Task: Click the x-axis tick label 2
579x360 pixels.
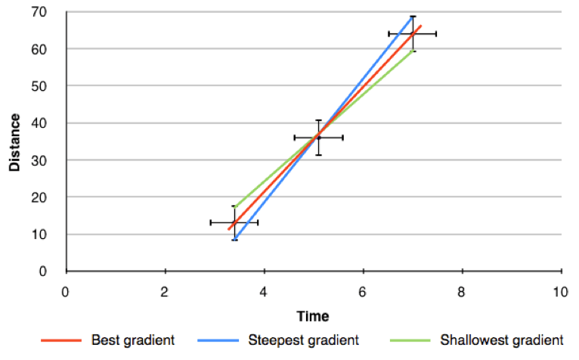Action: tap(165, 291)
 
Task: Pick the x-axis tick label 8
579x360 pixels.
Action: tap(461, 291)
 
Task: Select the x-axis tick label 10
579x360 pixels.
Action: tap(560, 291)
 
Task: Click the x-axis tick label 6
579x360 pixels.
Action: tap(363, 291)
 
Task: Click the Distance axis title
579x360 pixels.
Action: tap(14, 141)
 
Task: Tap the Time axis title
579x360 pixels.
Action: tap(312, 315)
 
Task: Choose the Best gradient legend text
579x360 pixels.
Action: tap(133, 340)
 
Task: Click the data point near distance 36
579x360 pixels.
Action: tap(318, 138)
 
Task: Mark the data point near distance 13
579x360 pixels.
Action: tap(234, 222)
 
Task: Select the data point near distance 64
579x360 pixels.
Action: tap(413, 34)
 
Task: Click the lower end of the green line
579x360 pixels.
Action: tap(235, 206)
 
